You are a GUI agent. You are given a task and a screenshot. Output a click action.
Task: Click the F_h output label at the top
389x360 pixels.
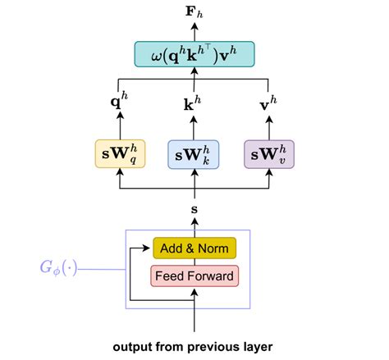click(x=194, y=11)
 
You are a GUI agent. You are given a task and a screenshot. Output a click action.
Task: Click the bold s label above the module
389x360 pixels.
click(x=194, y=211)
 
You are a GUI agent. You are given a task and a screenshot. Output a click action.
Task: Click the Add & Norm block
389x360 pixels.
click(x=194, y=248)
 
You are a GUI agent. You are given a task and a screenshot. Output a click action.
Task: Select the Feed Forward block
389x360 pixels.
click(x=194, y=276)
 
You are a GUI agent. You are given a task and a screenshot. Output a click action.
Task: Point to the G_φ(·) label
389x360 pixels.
click(x=57, y=267)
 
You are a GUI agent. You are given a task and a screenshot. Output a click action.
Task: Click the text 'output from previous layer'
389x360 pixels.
click(x=194, y=346)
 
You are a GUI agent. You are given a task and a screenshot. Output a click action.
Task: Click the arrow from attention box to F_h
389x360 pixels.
click(x=194, y=31)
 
